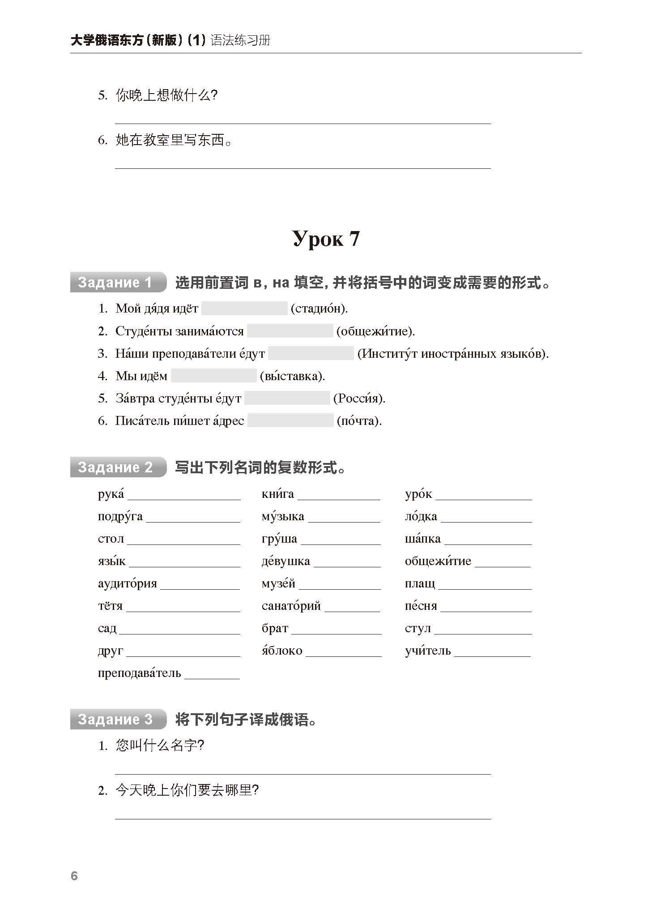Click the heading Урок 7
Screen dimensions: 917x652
[x=326, y=239]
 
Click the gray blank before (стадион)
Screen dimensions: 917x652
[x=244, y=309]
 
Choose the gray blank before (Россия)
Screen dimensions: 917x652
[x=287, y=398]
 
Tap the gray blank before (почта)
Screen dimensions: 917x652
[x=290, y=420]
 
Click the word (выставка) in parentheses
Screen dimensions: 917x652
[x=292, y=376]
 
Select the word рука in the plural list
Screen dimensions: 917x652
[x=111, y=494]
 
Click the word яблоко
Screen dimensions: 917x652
[x=282, y=651]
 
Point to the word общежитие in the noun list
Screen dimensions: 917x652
[x=438, y=561]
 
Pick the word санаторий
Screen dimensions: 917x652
[x=291, y=606]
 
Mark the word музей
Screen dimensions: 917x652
[x=278, y=583]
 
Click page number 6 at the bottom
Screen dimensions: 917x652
[x=74, y=876]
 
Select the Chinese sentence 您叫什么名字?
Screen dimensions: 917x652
[x=160, y=746]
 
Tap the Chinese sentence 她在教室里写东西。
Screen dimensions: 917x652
[x=174, y=140]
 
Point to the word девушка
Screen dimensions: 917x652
[x=286, y=561]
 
